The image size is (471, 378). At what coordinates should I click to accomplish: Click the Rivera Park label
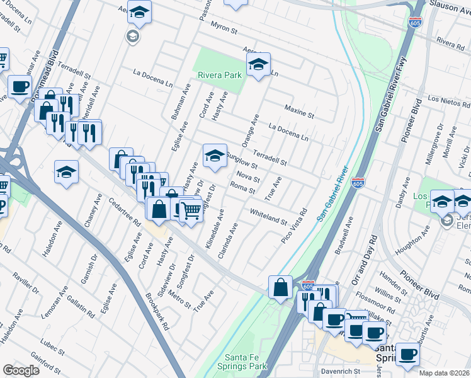click(219, 75)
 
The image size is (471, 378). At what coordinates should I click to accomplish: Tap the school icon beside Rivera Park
click(258, 65)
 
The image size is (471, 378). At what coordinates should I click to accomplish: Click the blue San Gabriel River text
click(332, 195)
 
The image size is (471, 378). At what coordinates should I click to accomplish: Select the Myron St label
click(224, 30)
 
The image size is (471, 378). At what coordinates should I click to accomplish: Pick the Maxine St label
click(299, 111)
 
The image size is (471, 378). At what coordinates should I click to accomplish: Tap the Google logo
click(21, 370)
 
